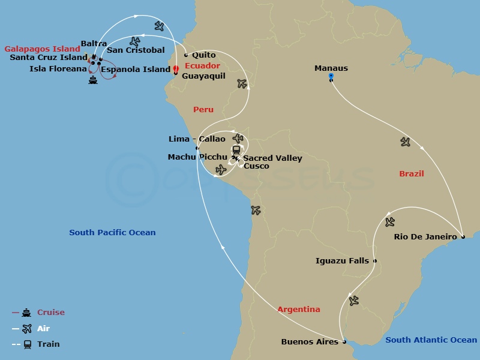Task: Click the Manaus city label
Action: coord(331,68)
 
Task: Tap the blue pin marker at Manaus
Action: coord(331,77)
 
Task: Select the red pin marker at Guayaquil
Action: coord(176,70)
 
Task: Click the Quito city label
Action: coord(204,55)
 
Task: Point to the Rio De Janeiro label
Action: coord(425,236)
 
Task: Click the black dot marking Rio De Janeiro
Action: coord(463,237)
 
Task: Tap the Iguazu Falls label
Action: coord(342,261)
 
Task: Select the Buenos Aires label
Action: coord(310,342)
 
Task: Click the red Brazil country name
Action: coord(412,174)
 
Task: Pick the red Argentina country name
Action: coord(298,310)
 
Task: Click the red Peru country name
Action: coord(203,110)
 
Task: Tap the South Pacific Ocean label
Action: coord(112,233)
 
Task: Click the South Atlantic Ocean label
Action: coord(431,340)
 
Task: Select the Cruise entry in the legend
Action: coord(50,313)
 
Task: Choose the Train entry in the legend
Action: coord(48,344)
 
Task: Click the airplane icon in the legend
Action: coord(26,329)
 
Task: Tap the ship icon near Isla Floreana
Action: coord(92,80)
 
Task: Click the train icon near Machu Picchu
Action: coord(236,150)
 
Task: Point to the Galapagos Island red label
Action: coord(42,49)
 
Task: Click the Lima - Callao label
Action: coord(197,139)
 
